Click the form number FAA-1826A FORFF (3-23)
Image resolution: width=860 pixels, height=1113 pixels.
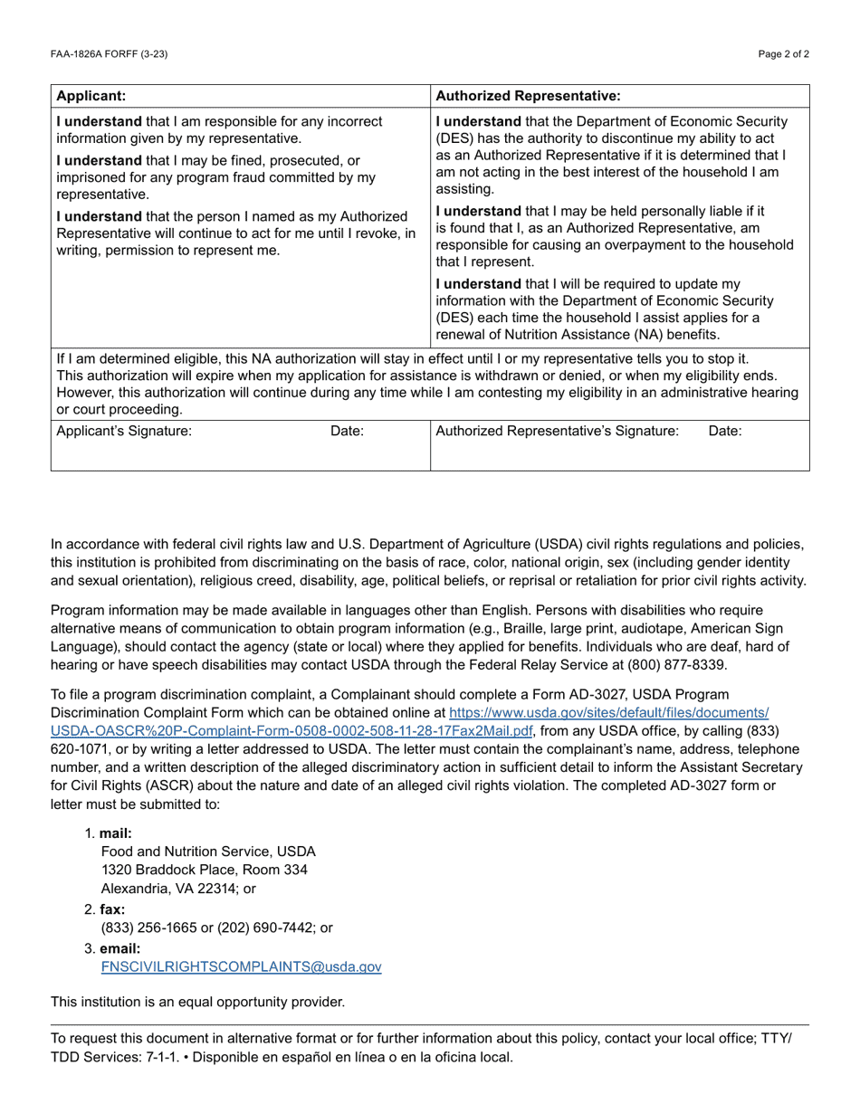(109, 54)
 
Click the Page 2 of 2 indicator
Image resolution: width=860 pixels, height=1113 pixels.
(784, 54)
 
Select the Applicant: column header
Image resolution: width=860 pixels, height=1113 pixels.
(91, 95)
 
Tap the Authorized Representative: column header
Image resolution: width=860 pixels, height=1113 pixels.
(528, 95)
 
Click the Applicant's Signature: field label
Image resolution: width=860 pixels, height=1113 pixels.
(124, 431)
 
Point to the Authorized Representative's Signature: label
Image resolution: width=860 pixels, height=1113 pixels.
(557, 431)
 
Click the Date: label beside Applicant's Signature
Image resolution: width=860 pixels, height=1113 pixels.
(347, 431)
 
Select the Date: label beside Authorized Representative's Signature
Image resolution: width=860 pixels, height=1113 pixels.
(724, 431)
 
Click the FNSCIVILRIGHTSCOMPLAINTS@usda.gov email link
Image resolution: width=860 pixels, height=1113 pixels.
(241, 966)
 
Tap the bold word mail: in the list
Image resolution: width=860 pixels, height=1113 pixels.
(116, 833)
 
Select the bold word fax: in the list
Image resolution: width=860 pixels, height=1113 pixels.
(112, 909)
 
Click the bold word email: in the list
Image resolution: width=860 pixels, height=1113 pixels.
(119, 948)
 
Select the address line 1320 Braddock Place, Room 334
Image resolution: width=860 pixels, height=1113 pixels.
(204, 870)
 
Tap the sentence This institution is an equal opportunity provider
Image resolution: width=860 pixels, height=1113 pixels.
(197, 1002)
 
